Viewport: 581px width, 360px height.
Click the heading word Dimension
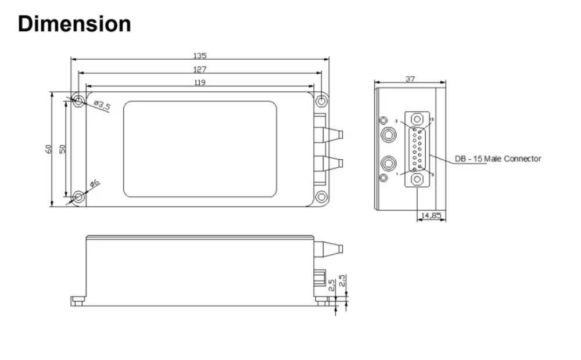74,24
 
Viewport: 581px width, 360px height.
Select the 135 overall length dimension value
199,56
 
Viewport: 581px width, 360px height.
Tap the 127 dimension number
199,69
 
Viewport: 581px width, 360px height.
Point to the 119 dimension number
199,82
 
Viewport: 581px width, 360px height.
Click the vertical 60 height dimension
49,149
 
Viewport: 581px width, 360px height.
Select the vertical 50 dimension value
63,149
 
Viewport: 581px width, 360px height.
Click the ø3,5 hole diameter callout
102,106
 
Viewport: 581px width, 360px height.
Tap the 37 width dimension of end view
410,79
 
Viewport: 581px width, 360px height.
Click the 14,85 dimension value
431,215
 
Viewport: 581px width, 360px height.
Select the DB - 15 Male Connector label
497,159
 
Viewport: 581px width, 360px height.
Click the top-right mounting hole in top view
321,101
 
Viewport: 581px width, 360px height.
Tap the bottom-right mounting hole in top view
321,197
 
